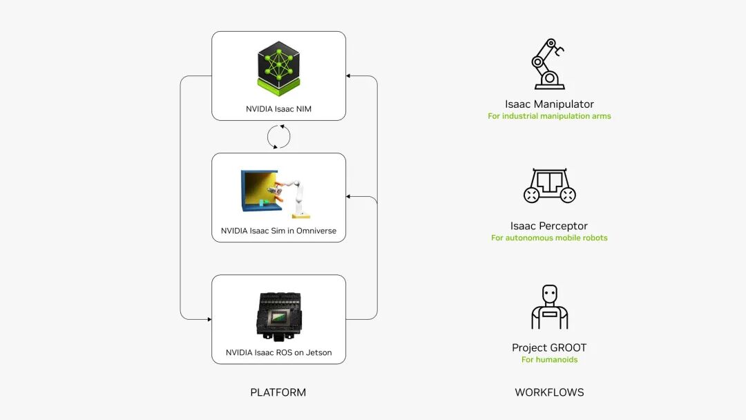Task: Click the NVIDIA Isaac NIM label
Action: point(278,108)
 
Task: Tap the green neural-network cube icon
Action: point(278,68)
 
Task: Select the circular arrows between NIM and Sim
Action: point(278,137)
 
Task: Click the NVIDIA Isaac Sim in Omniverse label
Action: point(278,230)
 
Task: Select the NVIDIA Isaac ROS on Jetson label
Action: point(278,352)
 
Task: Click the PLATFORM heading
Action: point(278,392)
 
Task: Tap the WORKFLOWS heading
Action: point(549,392)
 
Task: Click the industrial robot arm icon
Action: point(549,64)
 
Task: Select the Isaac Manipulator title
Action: point(549,104)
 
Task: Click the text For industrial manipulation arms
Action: point(549,116)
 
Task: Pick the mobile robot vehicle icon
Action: point(549,186)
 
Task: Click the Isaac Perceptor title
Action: point(549,226)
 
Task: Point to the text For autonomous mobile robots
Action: point(549,238)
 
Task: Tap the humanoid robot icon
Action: point(549,307)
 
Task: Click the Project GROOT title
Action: point(549,347)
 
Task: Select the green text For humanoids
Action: point(549,359)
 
